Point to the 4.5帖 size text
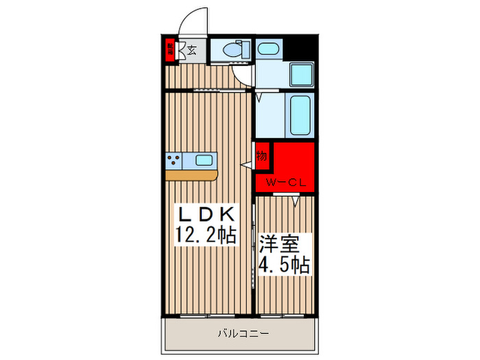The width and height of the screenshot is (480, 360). [284, 265]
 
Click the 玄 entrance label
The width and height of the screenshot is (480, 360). [192, 50]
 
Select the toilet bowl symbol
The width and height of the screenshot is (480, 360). [231, 51]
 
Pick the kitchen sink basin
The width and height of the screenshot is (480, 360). [204, 160]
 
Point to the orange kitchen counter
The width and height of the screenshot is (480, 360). [191, 176]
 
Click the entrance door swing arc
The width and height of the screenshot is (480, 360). [193, 19]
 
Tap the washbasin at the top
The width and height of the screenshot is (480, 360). [267, 49]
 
